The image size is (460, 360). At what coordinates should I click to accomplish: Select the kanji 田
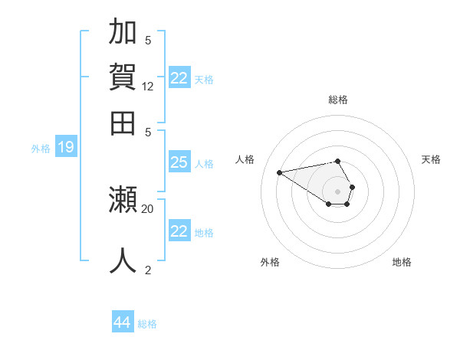[123, 123]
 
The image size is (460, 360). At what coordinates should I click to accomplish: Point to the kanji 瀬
[123, 200]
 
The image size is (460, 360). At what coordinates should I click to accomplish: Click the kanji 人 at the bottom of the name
[123, 260]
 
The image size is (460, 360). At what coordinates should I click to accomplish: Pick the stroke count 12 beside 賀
[148, 87]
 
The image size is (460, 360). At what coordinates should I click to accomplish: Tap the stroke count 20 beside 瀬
[148, 208]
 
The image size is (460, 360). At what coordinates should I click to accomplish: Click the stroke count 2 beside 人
[148, 270]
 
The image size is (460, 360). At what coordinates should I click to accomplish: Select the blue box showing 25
[179, 162]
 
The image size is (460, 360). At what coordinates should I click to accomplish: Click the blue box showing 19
[65, 147]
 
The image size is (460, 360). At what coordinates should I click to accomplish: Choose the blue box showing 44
[122, 323]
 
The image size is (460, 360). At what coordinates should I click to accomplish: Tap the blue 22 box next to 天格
[179, 78]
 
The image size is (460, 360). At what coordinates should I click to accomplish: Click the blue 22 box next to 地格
[179, 231]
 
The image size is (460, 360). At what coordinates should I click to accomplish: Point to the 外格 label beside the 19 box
[41, 149]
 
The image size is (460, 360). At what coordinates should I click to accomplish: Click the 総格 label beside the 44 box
[147, 324]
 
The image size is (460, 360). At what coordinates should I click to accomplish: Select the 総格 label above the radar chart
[337, 100]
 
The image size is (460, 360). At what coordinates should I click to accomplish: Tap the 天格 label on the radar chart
[431, 159]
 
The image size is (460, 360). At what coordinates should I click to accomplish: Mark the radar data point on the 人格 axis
[279, 172]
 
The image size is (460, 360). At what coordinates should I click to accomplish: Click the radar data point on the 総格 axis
[337, 161]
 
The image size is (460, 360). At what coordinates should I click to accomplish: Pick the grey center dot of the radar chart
[337, 191]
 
